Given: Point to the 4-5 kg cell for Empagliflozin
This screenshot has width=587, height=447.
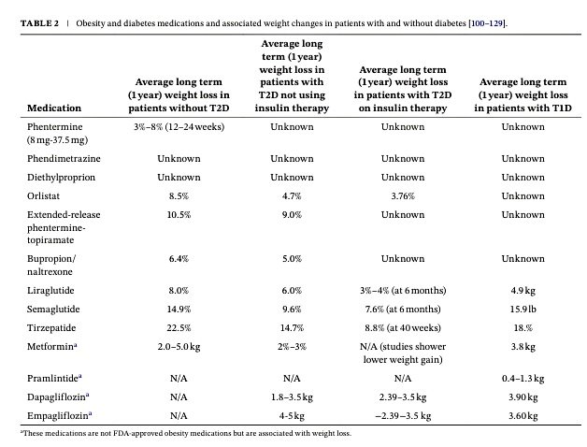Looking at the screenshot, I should pos(292,414).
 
